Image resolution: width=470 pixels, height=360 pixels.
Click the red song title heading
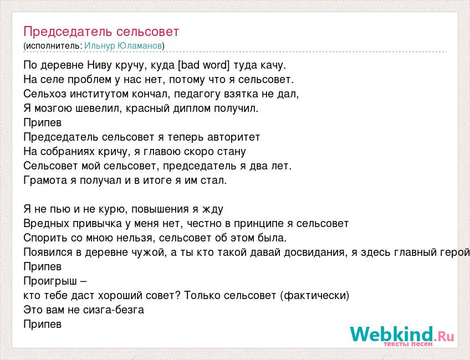coord(101,32)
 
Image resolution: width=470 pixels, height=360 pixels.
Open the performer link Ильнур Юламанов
coord(123,45)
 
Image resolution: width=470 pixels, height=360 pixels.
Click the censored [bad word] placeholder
coord(203,65)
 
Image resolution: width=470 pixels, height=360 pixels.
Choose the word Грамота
coord(45,181)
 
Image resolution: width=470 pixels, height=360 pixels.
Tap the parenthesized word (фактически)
coord(315,296)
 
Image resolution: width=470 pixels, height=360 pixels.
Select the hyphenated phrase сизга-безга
coord(114,310)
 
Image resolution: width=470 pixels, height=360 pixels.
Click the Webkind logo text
coord(402,334)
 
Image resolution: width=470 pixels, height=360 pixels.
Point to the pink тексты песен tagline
coord(408,344)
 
